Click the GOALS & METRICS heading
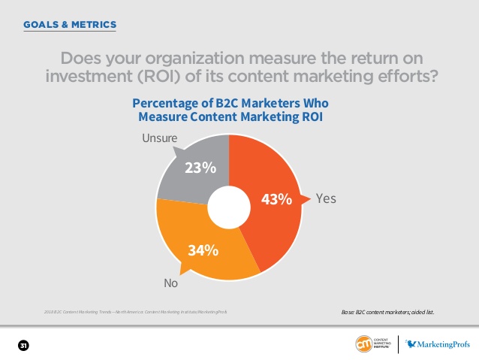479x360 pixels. coord(70,24)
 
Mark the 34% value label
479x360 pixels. coord(203,250)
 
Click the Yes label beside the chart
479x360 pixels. coord(326,199)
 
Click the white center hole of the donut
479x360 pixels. coord(228,207)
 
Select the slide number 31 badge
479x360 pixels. coord(23,345)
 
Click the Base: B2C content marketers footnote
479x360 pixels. coord(387,310)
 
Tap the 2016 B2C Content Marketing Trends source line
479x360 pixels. coord(135,310)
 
